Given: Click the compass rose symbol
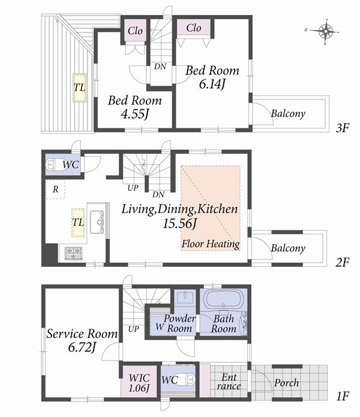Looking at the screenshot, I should pos(326,31).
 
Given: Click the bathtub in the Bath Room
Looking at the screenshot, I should pos(221,299).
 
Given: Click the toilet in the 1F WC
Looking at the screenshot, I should pos(187,379).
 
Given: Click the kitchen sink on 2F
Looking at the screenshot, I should pos(98,221).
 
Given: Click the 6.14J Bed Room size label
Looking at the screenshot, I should pos(212,85).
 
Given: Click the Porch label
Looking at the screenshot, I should pos(287,383).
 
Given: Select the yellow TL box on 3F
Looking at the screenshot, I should pos(79,88).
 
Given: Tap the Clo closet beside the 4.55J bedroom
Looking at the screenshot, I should pos(134,31).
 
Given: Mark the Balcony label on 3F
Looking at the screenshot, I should pos(288,113).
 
